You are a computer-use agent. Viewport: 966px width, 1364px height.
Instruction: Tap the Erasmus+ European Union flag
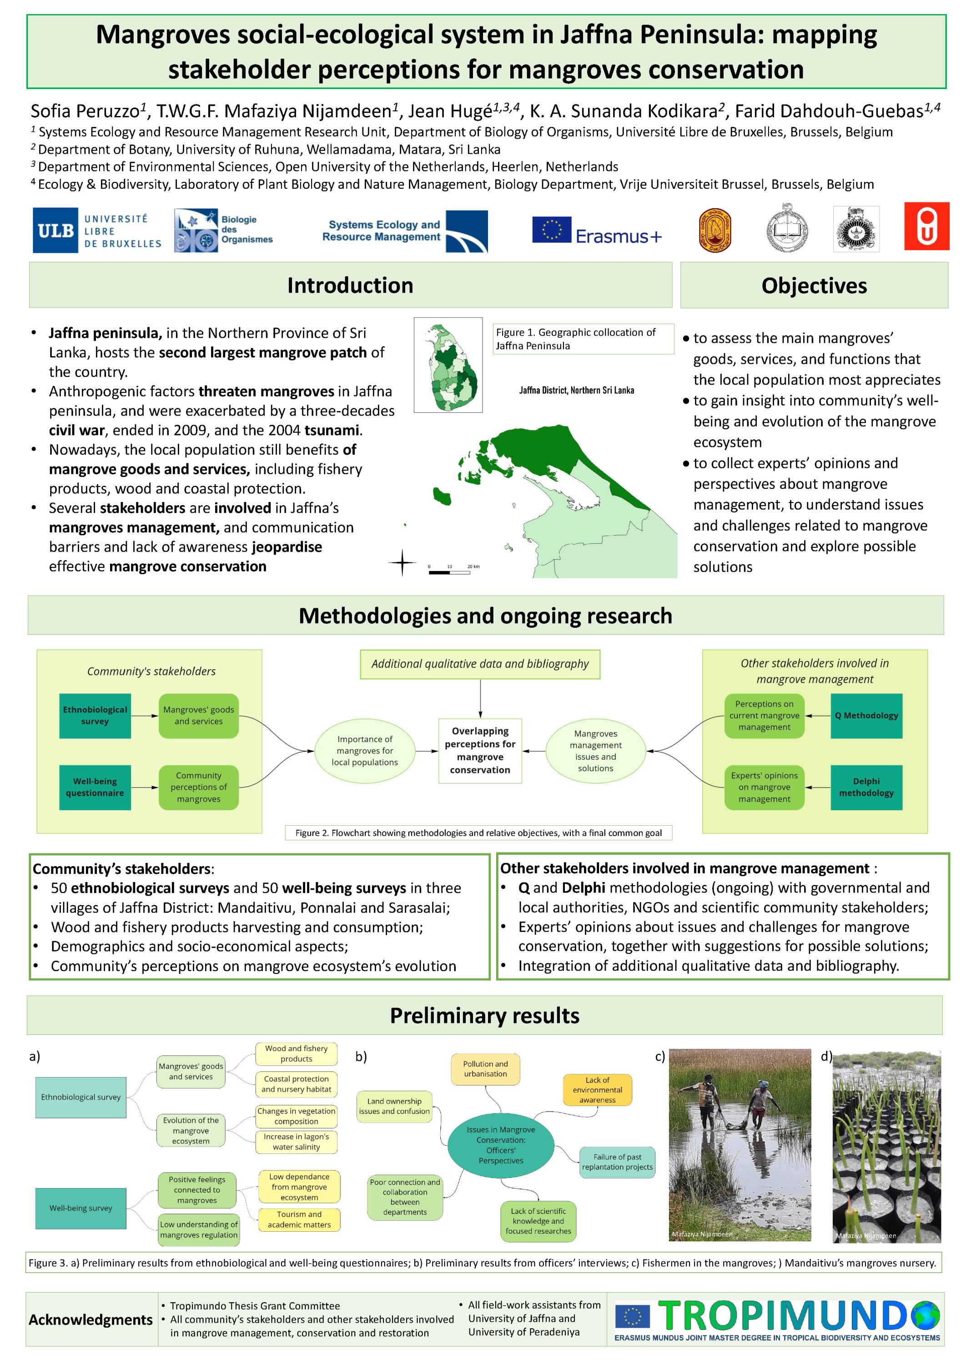tap(551, 230)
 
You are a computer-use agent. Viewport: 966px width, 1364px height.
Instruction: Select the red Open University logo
tap(926, 226)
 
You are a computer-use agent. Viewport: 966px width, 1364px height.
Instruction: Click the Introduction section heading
tap(350, 286)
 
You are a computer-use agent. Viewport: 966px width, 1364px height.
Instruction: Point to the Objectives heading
tap(814, 286)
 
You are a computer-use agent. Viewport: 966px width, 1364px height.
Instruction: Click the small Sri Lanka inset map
tap(448, 365)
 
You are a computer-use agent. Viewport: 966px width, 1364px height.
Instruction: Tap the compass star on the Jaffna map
tap(402, 562)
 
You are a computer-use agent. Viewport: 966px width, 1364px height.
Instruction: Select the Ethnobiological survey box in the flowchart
tap(95, 715)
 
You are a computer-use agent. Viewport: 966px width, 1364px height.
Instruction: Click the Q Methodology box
tap(866, 715)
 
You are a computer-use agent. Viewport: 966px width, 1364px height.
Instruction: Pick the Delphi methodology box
tap(866, 787)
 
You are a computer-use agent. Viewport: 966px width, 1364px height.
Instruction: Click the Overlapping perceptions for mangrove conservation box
tap(480, 750)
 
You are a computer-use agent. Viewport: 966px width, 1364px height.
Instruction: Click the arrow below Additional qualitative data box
tap(480, 699)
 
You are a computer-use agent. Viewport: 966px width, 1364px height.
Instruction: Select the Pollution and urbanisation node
tap(485, 1068)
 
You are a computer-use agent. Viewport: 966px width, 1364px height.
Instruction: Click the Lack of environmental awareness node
tap(597, 1089)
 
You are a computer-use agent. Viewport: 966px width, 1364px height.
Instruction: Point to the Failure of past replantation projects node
tap(617, 1161)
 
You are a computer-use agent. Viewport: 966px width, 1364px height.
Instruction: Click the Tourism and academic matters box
tap(299, 1219)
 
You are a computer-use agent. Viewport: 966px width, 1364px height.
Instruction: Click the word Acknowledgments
tap(91, 1319)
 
